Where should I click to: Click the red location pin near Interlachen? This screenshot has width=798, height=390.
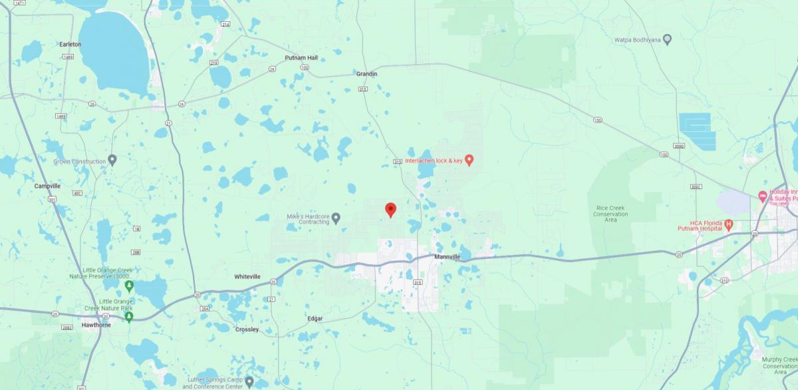point(391,210)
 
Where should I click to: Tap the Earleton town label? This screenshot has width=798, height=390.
point(70,44)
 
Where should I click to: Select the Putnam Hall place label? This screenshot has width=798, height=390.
point(301,58)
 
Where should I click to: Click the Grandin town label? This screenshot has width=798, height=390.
point(366,74)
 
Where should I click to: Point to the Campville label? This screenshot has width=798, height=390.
point(48,186)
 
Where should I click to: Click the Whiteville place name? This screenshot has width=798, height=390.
point(247,276)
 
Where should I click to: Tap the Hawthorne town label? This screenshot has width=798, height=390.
point(95,325)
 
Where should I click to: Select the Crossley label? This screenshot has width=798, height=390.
point(247,329)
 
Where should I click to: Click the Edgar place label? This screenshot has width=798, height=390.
point(315,319)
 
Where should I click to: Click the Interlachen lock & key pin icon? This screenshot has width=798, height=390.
point(469,160)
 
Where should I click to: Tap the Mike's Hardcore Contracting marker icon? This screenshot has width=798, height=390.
point(336,217)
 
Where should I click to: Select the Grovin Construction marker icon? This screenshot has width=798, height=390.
point(112,160)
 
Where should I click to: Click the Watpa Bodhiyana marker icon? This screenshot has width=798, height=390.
point(668,40)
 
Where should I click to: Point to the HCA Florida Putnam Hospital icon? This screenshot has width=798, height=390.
point(729,225)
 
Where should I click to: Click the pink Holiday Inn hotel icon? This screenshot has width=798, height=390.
point(763,196)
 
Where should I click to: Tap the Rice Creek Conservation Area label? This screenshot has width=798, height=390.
point(611,214)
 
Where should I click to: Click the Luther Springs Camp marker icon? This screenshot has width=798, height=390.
point(249,382)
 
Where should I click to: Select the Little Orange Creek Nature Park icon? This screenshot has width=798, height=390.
point(129,316)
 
